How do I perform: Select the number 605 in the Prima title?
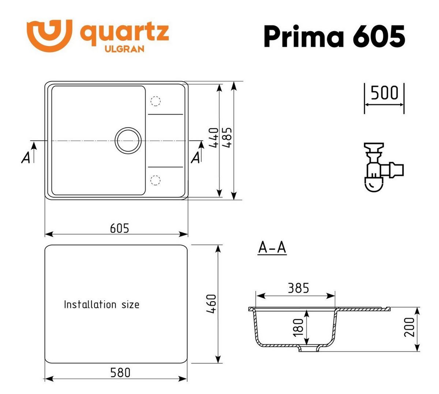tap(379, 36)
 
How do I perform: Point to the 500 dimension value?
tap(384, 93)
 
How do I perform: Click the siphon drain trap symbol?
tap(380, 167)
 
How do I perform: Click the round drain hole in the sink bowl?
tap(127, 140)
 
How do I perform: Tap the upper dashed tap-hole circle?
tap(155, 101)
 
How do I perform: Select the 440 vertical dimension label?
tap(215, 138)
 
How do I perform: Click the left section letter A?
tap(26, 157)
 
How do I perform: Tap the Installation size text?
tap(101, 304)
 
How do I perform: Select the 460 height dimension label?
tap(212, 304)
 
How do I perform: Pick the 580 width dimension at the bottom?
tap(120, 372)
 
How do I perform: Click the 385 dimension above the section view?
tap(298, 288)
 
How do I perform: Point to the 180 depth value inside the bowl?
tap(298, 327)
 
